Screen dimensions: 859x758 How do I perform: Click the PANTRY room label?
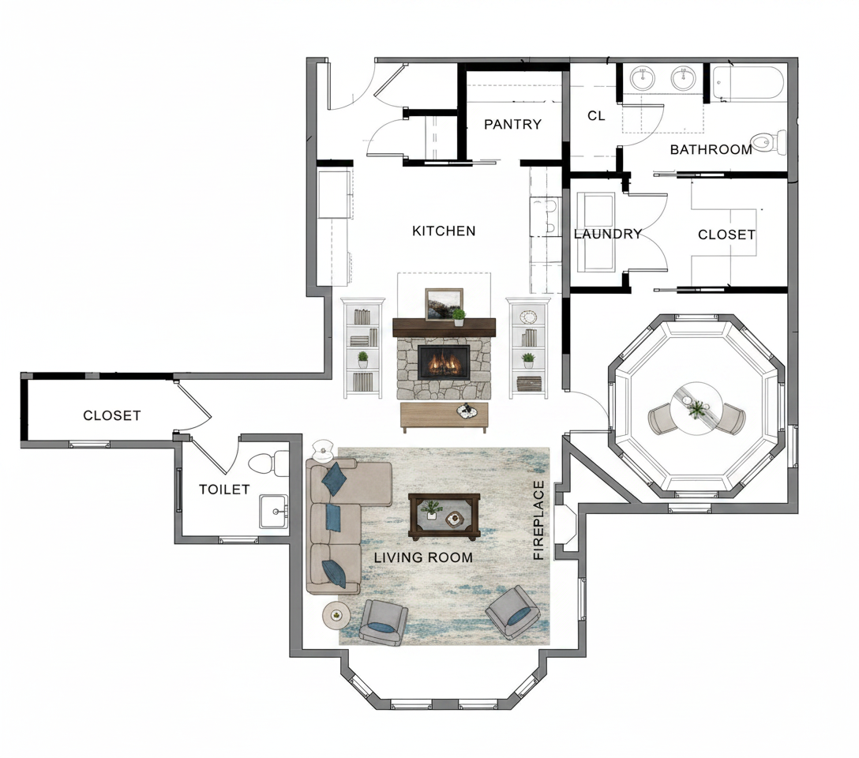[512, 124]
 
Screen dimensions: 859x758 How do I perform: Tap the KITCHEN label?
[444, 231]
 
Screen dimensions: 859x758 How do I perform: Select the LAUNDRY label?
[608, 235]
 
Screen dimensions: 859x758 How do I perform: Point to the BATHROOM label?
[711, 149]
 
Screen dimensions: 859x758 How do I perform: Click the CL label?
[596, 116]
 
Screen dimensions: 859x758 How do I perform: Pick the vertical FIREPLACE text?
[538, 520]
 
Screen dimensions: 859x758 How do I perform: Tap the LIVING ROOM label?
[423, 557]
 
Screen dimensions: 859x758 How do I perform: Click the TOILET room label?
[224, 489]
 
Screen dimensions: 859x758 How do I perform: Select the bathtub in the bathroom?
[748, 83]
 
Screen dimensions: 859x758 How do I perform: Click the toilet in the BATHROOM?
[769, 142]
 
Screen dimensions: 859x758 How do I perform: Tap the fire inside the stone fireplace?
[444, 362]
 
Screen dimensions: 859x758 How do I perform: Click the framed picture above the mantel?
[445, 305]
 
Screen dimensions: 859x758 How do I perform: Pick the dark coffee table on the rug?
[445, 516]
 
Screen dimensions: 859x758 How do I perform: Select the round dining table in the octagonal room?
[696, 408]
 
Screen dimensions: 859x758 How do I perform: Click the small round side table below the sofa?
[336, 616]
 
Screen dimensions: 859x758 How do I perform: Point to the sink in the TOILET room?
[274, 512]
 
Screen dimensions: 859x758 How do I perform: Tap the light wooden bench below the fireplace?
[445, 418]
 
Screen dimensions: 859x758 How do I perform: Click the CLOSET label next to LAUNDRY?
[726, 235]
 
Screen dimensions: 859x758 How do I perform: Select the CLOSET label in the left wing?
[112, 415]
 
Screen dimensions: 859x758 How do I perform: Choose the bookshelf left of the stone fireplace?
[362, 347]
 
